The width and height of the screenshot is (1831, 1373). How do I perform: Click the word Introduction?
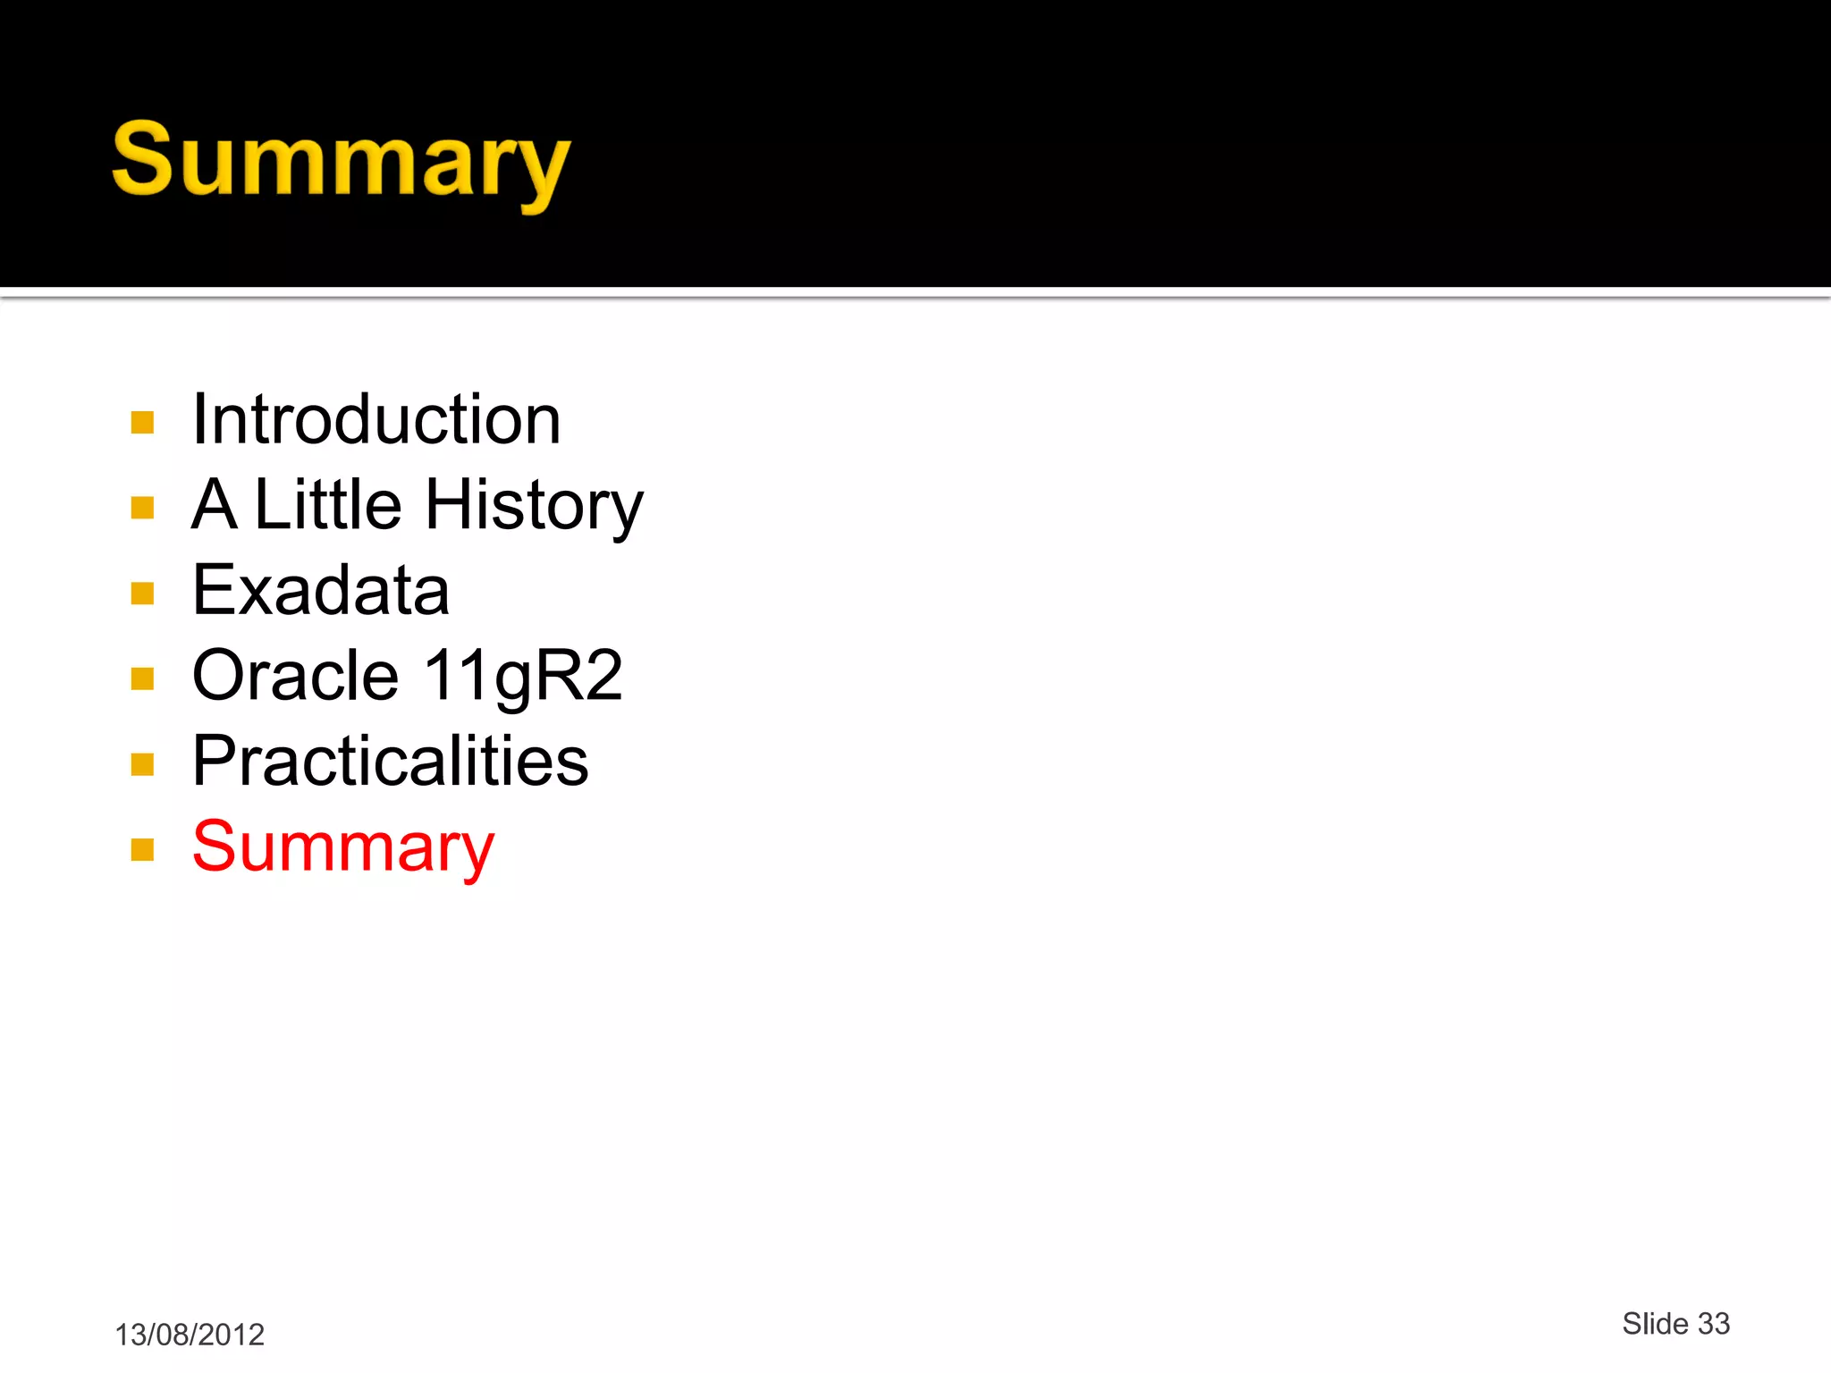pos(376,419)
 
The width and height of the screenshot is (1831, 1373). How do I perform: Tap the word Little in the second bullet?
pos(328,504)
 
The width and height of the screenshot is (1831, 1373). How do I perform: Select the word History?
pos(534,506)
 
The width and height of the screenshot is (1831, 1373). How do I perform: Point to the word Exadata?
pos(321,590)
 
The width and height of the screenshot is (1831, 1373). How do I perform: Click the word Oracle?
pos(295,675)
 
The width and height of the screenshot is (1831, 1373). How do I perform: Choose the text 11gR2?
pos(523,677)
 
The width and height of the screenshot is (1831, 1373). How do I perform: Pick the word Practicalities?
pos(391,761)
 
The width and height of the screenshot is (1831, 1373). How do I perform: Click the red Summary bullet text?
pos(343,847)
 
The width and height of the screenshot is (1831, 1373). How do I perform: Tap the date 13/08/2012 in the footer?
pos(190,1335)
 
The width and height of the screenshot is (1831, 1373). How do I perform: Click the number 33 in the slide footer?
pos(1714,1324)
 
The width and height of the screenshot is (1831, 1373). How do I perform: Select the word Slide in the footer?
pos(1655,1324)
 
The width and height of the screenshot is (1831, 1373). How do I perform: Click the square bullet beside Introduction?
pos(143,422)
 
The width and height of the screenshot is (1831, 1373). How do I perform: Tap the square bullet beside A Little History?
pos(143,508)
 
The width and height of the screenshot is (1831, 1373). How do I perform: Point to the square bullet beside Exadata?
pos(143,594)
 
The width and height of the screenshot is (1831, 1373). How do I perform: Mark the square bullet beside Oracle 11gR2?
pos(143,678)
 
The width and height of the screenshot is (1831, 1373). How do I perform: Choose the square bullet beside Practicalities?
pos(143,764)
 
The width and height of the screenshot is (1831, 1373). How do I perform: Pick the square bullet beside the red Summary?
pos(143,849)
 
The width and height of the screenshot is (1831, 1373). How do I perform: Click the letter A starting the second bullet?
pos(215,504)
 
